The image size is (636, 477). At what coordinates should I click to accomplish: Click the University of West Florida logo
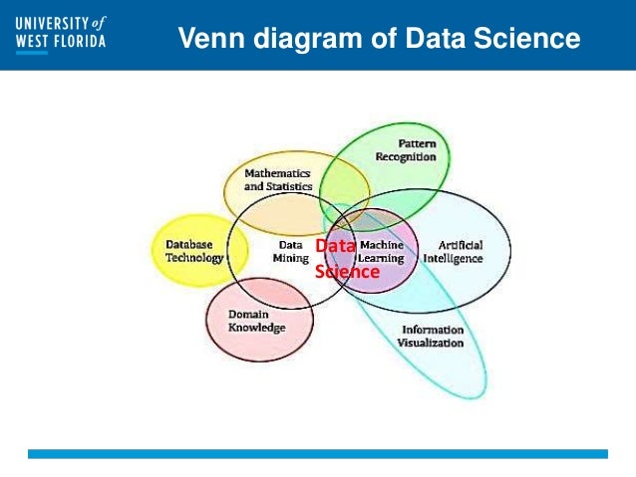(60, 35)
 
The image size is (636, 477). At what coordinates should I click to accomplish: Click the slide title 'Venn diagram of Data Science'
(378, 39)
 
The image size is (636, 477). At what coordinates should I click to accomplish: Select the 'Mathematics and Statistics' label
(278, 179)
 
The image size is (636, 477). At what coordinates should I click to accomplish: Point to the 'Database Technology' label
(194, 251)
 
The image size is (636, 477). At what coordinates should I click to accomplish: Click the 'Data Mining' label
(291, 251)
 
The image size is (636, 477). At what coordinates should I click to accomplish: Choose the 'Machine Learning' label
(382, 251)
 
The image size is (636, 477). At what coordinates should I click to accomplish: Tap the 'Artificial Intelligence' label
(453, 251)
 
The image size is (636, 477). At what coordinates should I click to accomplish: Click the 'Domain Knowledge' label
(256, 321)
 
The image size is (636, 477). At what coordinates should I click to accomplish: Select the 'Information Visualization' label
(431, 336)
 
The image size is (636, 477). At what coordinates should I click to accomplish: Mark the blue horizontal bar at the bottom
(317, 453)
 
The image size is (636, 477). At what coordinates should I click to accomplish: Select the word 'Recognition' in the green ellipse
(405, 156)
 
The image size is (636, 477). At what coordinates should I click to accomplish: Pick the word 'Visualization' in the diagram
(431, 343)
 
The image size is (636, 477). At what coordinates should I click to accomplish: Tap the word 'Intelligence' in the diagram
(453, 258)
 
